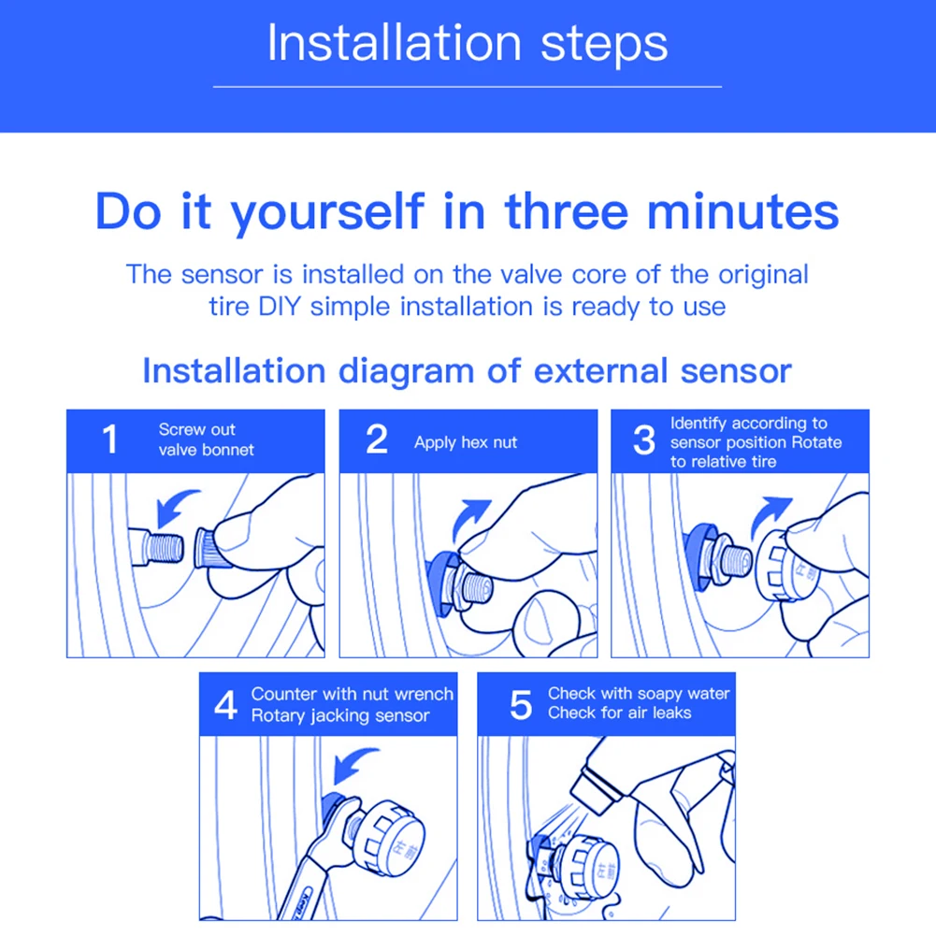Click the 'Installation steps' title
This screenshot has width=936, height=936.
pyautogui.click(x=468, y=43)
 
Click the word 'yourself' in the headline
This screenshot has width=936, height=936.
pyautogui.click(x=327, y=213)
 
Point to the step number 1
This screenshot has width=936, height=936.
pyautogui.click(x=109, y=439)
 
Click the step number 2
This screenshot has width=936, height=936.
pyautogui.click(x=377, y=439)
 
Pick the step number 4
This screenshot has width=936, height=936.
pyautogui.click(x=226, y=705)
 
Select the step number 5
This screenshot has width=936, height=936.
pyautogui.click(x=521, y=705)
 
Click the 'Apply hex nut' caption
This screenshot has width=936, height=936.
pyautogui.click(x=466, y=442)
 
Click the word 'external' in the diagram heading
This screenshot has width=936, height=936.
pyautogui.click(x=600, y=370)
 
